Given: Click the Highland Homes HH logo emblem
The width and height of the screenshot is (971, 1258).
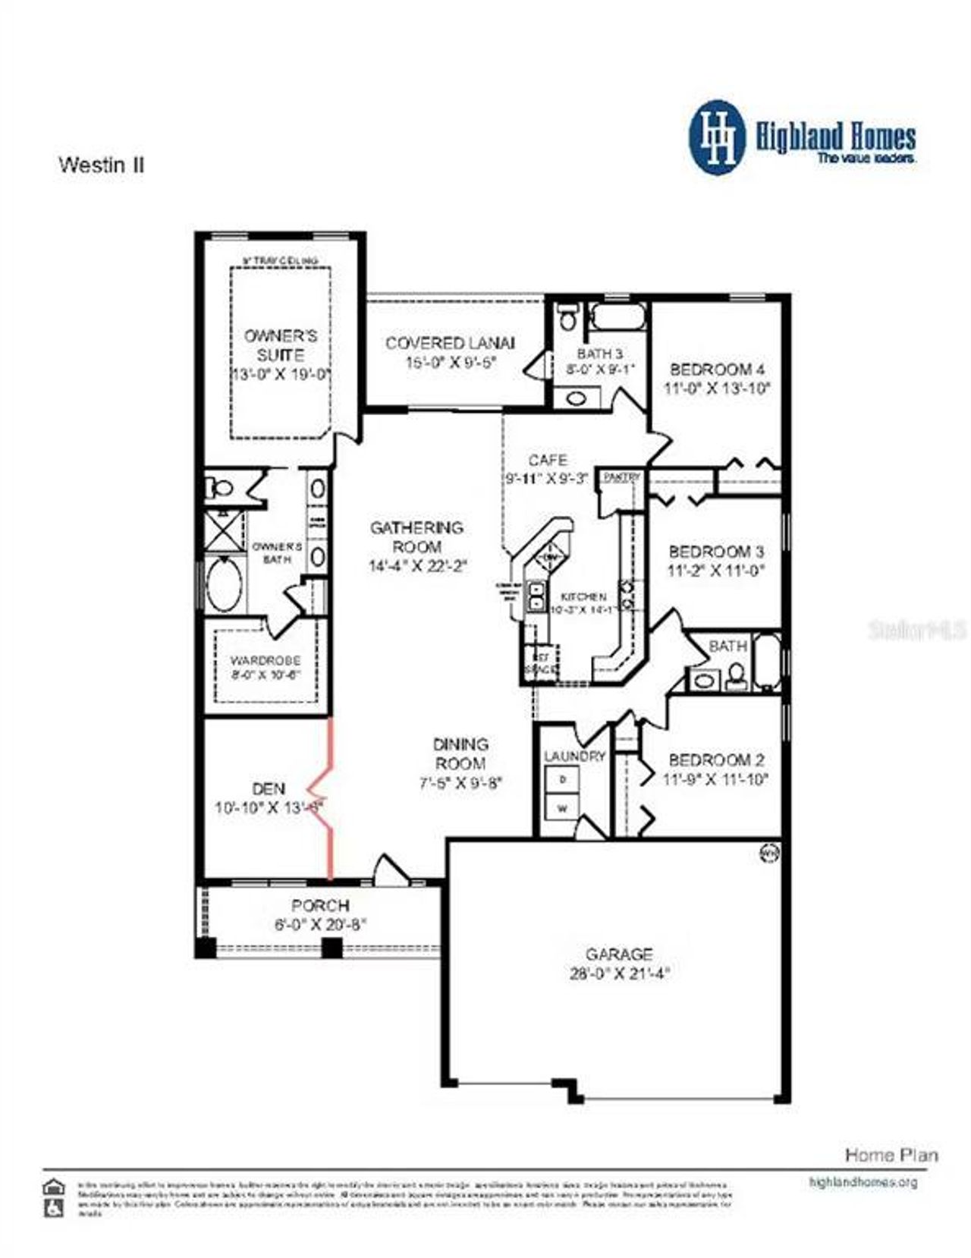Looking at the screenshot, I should coord(716,137).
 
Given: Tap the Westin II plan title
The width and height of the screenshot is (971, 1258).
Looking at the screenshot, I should coord(101,165).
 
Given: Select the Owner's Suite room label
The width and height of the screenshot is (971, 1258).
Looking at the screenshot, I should coord(280,345).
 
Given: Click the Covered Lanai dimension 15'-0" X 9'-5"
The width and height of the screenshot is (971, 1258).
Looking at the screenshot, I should coord(451,363).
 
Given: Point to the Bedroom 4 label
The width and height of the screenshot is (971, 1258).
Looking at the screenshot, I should coord(717,370).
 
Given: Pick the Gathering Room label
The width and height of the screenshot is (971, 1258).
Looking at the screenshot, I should coord(416,536).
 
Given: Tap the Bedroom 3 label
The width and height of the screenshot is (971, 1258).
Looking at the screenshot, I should coord(716,552).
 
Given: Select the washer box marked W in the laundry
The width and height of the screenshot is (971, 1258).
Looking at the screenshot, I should coord(562,808).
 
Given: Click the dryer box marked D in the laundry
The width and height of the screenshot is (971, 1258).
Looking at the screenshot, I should coord(562,779).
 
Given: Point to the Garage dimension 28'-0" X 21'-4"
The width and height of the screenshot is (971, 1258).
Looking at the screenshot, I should coord(619,973).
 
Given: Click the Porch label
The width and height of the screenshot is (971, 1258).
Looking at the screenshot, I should coord(320,905).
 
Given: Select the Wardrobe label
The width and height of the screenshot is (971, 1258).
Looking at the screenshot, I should coord(266,660).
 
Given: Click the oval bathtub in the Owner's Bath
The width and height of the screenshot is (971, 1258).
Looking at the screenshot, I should coord(225,585).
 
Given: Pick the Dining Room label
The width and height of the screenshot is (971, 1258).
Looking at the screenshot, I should coord(460,753).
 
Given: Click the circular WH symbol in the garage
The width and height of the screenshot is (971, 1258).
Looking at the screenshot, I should coord(769,854).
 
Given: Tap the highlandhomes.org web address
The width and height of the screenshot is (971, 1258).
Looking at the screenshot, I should coord(863,1182).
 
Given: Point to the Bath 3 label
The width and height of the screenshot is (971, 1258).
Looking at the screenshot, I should coord(600,354).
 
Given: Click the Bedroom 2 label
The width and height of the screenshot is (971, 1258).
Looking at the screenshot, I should coord(716,760).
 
